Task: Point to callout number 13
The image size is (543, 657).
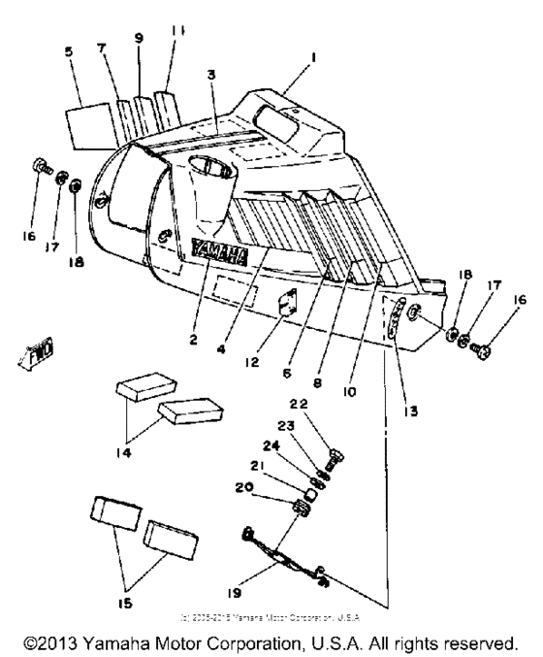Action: tap(409, 382)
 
